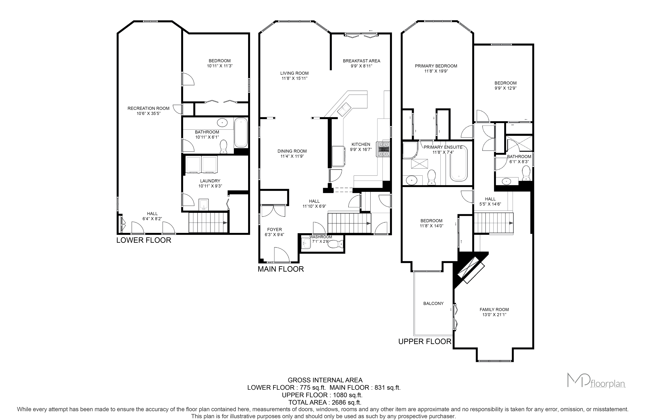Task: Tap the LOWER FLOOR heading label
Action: click(144, 240)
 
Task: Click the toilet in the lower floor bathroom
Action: click(224, 147)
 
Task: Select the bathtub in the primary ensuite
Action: click(459, 164)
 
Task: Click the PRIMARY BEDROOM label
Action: click(436, 66)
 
